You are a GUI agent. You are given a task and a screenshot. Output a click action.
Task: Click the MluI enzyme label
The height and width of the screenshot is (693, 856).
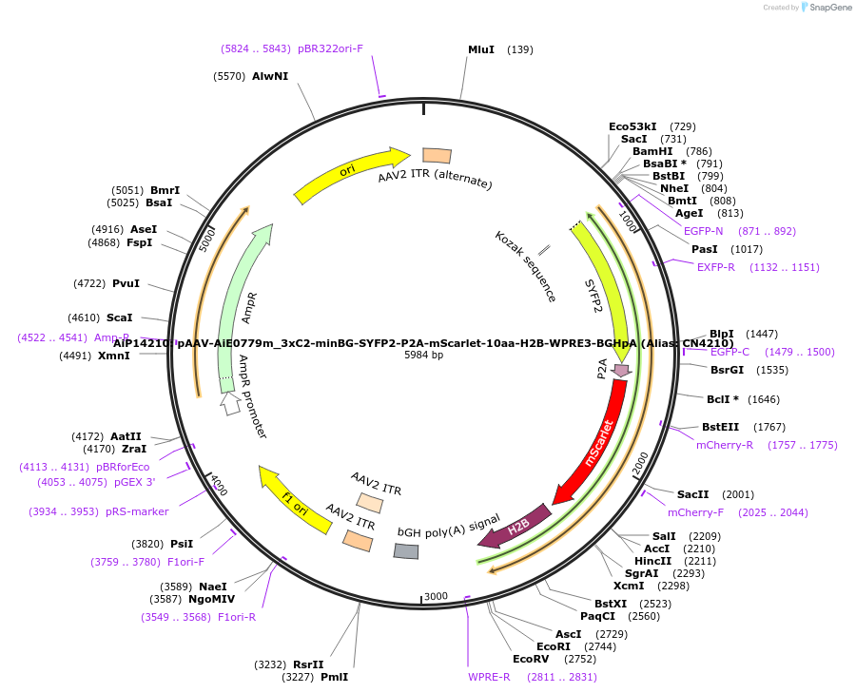point(481,49)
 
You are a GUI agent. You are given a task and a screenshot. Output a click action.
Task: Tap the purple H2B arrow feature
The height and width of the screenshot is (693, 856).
point(516,527)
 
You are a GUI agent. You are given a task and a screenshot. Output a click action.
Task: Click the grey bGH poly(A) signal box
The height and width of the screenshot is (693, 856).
point(406,551)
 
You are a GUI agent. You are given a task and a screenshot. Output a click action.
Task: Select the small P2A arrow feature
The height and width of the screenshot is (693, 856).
point(621,370)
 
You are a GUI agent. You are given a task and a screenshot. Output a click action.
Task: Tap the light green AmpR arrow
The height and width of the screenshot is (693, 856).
point(238,304)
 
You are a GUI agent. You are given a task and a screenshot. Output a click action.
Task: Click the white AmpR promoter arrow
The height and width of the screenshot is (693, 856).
point(229,403)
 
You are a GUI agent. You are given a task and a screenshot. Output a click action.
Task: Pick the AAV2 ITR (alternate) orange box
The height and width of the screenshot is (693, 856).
point(437,155)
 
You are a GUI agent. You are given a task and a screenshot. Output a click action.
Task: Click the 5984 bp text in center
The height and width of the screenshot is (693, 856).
point(423,356)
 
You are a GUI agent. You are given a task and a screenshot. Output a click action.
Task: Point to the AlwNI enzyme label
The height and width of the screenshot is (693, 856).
point(270,76)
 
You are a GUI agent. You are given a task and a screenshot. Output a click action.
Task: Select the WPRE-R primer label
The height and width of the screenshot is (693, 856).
point(489,677)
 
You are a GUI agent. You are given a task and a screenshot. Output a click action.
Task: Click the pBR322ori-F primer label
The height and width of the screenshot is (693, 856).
point(330,48)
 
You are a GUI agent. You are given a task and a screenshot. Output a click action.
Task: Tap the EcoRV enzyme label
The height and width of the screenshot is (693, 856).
point(531,659)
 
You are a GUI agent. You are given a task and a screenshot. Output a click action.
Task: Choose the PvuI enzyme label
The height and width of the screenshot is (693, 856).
point(126,283)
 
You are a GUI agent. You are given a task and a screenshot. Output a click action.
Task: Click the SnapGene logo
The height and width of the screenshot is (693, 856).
point(826,8)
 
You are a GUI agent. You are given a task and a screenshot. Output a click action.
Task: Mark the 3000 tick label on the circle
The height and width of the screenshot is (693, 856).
point(436,596)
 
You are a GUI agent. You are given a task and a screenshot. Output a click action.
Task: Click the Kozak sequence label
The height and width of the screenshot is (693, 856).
point(525,267)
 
